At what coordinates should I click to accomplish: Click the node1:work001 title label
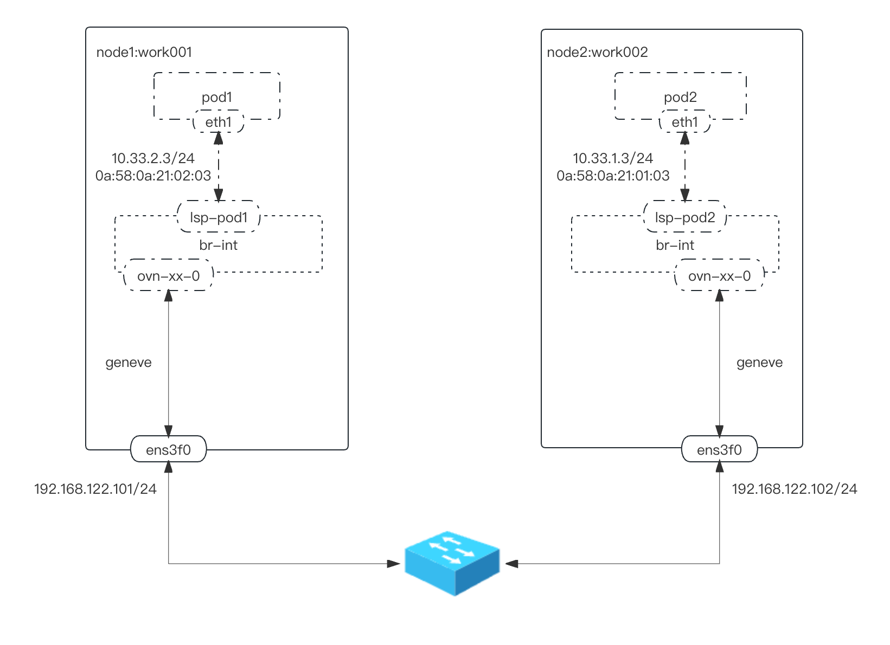(x=144, y=52)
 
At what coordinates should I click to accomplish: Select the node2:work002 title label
(x=597, y=52)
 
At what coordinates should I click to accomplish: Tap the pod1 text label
(x=217, y=97)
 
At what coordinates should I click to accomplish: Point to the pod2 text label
(x=680, y=97)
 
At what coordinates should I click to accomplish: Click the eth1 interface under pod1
(x=219, y=122)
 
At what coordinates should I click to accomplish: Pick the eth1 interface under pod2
(x=685, y=122)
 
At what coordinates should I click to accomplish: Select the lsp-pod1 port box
(x=219, y=217)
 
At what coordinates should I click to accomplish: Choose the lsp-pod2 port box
(x=685, y=217)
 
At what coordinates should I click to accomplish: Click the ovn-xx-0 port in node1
(x=168, y=276)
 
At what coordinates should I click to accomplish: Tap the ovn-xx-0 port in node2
(x=719, y=276)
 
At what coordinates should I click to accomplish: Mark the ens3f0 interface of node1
(x=168, y=449)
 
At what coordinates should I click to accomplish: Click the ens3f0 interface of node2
(x=719, y=449)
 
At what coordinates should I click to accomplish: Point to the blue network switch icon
(x=452, y=563)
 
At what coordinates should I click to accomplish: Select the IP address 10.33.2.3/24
(x=153, y=158)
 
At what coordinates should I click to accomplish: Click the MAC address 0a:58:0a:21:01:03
(x=613, y=176)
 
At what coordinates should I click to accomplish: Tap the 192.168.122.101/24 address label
(x=95, y=489)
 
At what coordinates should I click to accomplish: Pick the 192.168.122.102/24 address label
(x=795, y=489)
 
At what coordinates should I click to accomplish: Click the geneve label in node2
(x=759, y=363)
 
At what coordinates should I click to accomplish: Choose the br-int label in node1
(x=218, y=246)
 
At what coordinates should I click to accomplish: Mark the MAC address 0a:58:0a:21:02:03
(x=153, y=176)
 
